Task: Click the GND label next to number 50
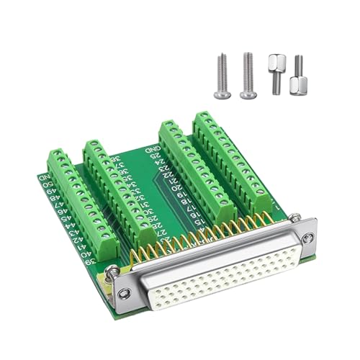tap(45, 177)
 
